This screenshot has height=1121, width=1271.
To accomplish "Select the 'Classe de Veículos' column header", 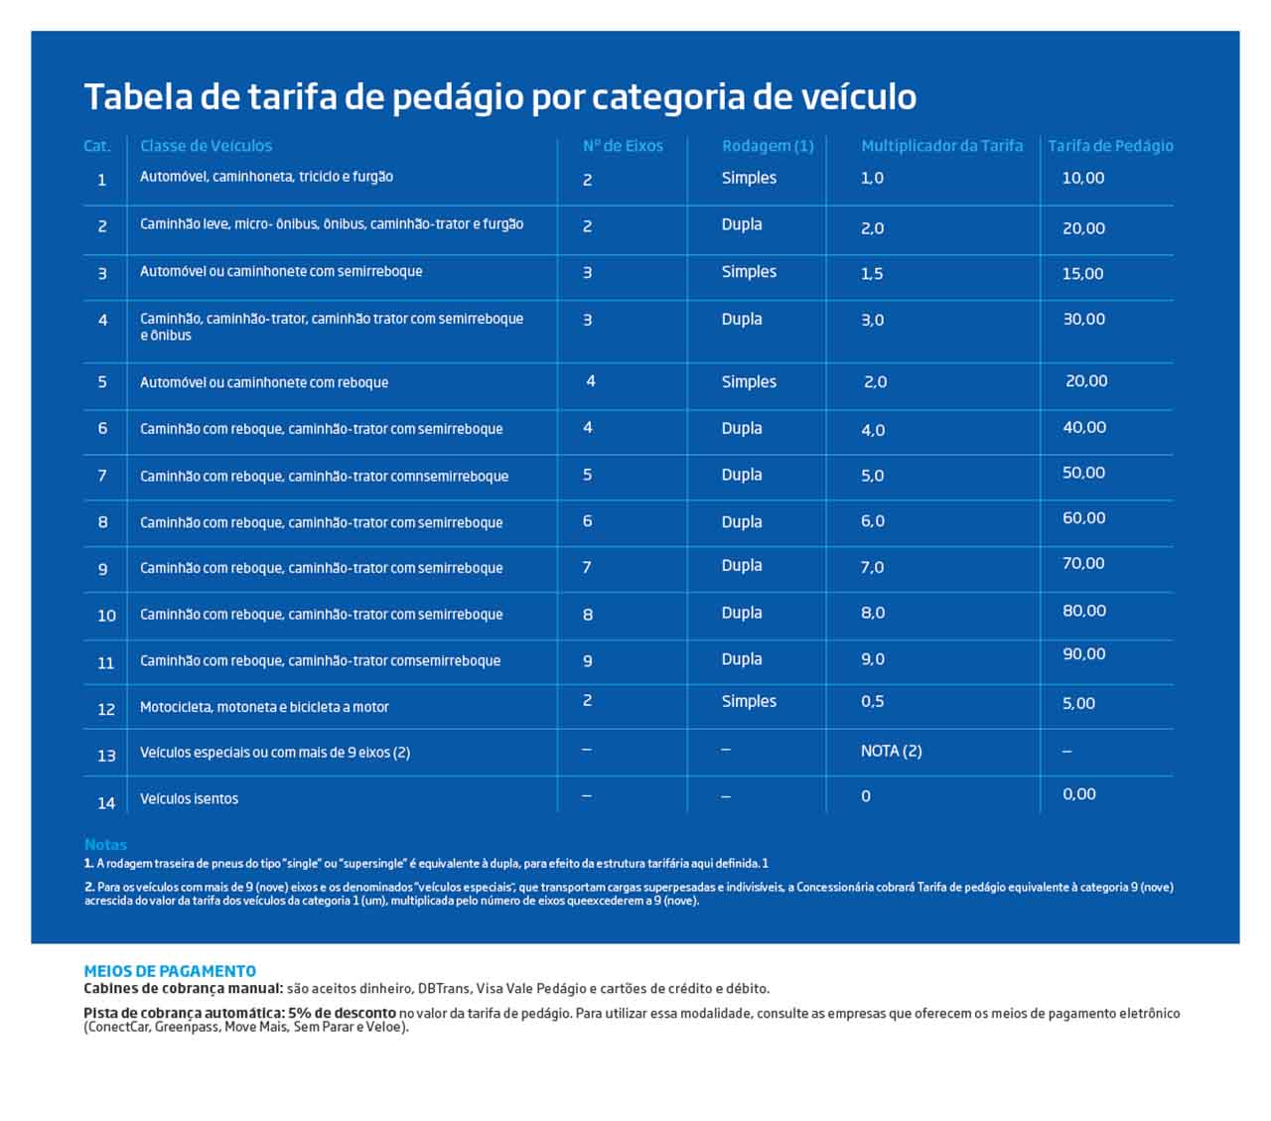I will click(x=206, y=146).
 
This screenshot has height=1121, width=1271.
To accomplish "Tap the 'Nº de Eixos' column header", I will click(x=623, y=146).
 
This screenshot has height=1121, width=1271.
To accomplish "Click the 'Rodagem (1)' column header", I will click(x=768, y=146).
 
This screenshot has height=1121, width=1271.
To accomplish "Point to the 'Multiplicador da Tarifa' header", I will click(x=941, y=146).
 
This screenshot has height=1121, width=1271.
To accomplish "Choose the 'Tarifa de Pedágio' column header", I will click(x=1110, y=146).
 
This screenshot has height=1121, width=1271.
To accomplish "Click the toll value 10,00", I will click(x=1082, y=178).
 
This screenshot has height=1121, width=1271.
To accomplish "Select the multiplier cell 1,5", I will click(x=872, y=274).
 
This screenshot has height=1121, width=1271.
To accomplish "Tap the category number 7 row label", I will click(x=102, y=476).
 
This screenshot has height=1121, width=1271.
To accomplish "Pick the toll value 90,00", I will click(x=1083, y=654).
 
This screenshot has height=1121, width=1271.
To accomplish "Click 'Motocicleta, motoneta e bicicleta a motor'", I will click(x=264, y=707).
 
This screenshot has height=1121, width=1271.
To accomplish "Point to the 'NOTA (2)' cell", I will click(x=891, y=752).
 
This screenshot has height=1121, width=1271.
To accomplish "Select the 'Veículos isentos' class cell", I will click(x=189, y=798).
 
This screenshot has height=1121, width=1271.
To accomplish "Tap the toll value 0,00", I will click(x=1078, y=794).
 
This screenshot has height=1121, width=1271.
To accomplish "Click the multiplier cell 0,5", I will click(x=872, y=702).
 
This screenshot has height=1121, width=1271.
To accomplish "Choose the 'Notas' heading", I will click(x=105, y=845).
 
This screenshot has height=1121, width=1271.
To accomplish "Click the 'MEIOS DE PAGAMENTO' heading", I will click(x=170, y=971).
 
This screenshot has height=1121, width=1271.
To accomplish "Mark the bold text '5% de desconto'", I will click(x=342, y=1014).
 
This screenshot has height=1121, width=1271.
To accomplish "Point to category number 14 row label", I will click(x=106, y=803).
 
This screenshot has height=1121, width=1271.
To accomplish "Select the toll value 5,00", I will click(x=1078, y=703).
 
